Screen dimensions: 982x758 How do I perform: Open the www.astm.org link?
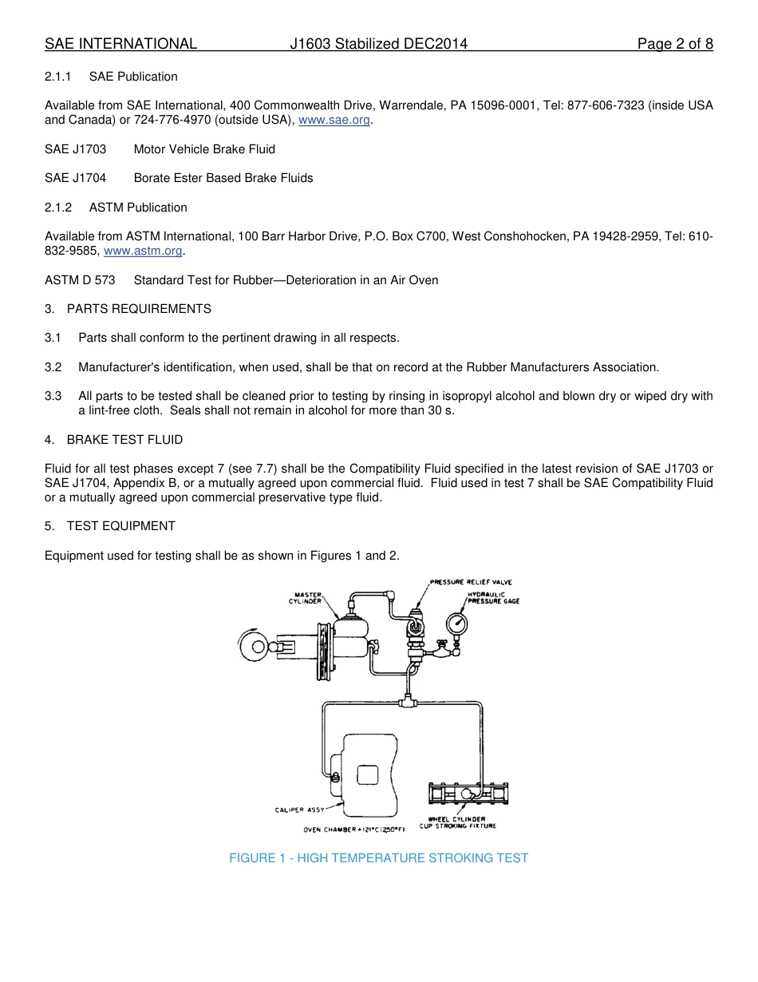click(x=144, y=251)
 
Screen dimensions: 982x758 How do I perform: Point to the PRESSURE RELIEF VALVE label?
click(x=471, y=582)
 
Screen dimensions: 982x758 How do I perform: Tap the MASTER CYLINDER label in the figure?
click(x=307, y=598)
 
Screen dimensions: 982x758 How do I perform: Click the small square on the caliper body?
click(x=367, y=774)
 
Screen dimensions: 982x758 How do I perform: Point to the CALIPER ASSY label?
click(x=299, y=810)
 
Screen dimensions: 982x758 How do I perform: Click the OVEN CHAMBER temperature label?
click(x=354, y=830)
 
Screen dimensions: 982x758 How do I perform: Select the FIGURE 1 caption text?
click(x=378, y=858)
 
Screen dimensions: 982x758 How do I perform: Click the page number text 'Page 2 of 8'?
click(x=674, y=44)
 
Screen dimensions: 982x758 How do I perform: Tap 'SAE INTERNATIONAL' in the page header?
click(x=120, y=44)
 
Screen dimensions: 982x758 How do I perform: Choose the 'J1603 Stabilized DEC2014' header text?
click(x=378, y=44)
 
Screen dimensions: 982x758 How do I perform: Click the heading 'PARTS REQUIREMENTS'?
click(x=139, y=309)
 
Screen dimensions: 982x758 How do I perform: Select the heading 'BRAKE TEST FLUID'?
click(x=124, y=440)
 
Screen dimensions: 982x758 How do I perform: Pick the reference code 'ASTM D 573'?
click(x=80, y=280)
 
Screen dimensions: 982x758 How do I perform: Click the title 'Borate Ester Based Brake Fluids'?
click(x=223, y=178)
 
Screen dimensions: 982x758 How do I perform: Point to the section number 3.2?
click(x=53, y=367)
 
